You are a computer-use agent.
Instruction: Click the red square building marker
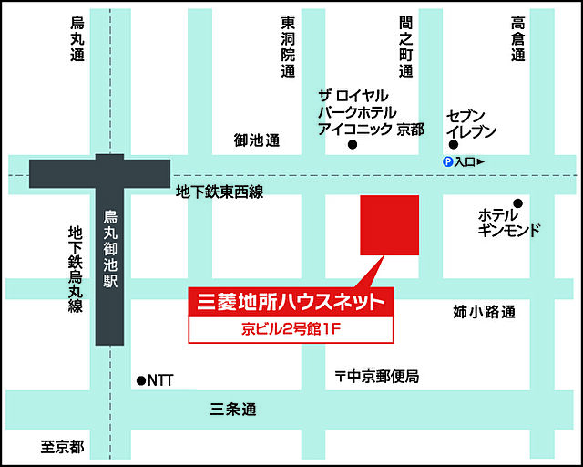pos(390,224)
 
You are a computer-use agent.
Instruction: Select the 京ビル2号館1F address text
pos(291,328)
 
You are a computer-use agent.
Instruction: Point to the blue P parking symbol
pos(447,161)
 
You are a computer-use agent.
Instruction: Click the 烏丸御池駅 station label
pos(109,246)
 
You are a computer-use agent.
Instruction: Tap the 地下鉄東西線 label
pos(220,192)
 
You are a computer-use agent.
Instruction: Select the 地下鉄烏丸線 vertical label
pos(75,270)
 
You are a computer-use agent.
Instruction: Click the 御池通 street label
pos(256,140)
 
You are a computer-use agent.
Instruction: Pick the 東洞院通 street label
pos(288,47)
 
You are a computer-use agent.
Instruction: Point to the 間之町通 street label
pos(405,47)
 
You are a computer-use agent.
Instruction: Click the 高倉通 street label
pos(517,39)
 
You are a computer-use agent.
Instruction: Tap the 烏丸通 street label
pos(77,39)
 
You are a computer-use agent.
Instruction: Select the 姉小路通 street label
pos(484,312)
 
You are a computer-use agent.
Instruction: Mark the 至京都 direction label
pos(62,447)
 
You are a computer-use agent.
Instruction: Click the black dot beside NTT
pos(140,380)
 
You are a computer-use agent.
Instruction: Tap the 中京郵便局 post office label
pos(376,376)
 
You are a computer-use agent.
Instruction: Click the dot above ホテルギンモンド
pos(517,202)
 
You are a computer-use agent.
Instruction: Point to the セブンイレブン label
pos(471,123)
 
